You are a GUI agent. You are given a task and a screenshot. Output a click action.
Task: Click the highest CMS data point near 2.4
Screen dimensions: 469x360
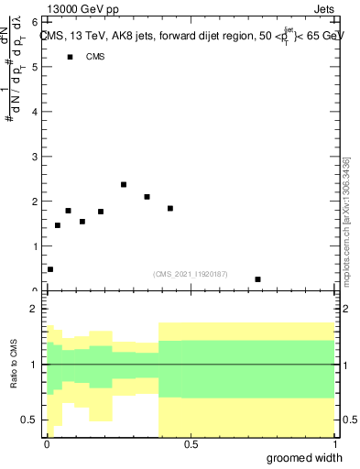124,184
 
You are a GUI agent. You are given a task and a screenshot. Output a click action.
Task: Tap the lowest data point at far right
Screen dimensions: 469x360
258,279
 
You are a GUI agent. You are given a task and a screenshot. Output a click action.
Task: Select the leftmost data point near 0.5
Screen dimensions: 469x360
50,269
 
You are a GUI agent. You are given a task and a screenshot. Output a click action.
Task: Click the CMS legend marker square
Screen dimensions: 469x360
70,57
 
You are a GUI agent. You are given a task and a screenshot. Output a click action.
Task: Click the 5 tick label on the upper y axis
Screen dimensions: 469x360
34,67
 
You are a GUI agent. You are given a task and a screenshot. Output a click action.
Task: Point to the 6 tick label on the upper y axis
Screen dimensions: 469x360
34,22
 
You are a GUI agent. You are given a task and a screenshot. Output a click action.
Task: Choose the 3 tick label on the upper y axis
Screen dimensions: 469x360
34,157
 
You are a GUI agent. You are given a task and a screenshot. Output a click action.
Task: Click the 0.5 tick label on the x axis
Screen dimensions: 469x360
191,443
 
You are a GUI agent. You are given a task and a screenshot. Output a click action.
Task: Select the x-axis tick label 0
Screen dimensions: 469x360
47,443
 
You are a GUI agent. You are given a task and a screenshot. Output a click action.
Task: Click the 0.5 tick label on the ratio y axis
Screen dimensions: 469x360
30,420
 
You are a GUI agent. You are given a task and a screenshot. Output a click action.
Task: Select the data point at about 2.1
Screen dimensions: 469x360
147,197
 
